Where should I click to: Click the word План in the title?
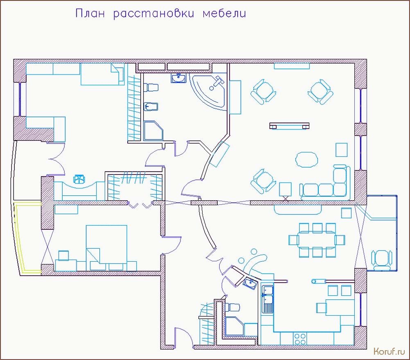pos(90,13)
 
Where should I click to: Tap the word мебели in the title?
pos(224,14)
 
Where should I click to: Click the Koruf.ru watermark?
pos(389,351)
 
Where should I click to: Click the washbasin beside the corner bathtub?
pos(178,78)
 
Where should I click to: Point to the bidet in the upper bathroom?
pos(151,106)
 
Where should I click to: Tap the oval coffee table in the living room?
pos(306,160)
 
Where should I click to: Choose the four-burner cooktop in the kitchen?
pos(300,339)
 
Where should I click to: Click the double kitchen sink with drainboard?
pos(268,299)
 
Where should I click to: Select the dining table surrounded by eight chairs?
pos(317,240)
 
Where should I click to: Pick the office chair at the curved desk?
pos(79,179)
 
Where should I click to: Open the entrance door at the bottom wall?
pos(184,337)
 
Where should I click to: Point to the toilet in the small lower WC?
pos(232,307)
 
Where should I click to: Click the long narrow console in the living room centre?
pos(289,126)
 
